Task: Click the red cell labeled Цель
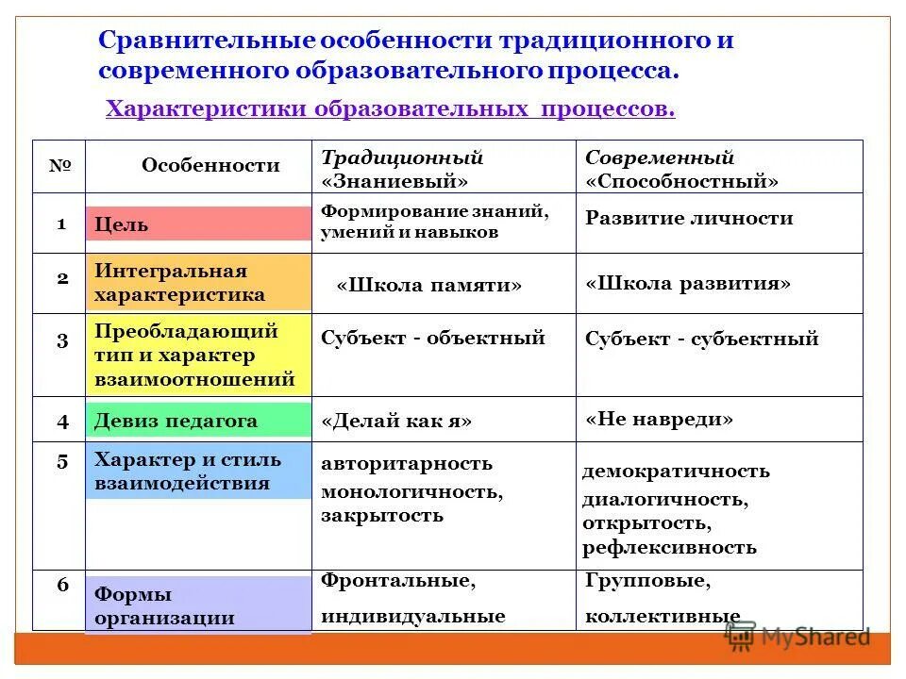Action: pos(198,224)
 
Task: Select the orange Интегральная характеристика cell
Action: pos(198,283)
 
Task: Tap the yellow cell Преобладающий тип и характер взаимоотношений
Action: pos(198,355)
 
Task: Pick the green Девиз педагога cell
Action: pos(198,421)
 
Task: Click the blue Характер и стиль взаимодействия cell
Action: pos(198,472)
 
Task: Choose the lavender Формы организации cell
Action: pos(198,605)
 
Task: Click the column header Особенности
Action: pos(210,166)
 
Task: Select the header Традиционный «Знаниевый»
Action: pos(402,169)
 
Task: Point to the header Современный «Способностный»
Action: pos(681,169)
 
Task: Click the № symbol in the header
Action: pos(60,165)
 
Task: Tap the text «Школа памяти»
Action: pos(428,286)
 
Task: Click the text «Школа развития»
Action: pos(688,284)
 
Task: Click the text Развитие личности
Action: pos(689,219)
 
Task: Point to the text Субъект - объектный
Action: pos(433,338)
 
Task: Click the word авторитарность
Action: pos(407,464)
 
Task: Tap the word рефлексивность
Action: pos(669,547)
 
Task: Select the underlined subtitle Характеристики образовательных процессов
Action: pos(390,109)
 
